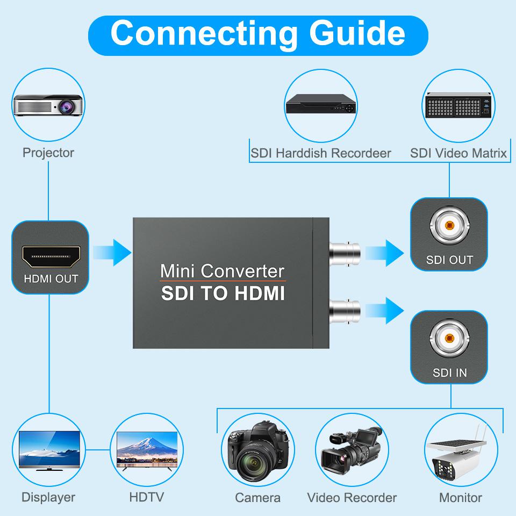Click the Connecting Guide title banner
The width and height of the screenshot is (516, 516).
pos(258,33)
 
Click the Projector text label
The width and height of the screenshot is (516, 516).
pos(48,153)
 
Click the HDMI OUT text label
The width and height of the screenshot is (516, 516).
pos(51,279)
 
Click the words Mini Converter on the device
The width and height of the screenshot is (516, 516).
pos(223,270)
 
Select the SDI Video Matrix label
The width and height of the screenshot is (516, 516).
pos(458,153)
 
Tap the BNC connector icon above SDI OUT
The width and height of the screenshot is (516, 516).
pos(449,226)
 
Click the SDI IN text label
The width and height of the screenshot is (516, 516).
pos(450,372)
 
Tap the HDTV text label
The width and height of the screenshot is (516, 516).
pos(146,497)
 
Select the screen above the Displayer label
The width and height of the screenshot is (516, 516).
pos(49,450)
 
